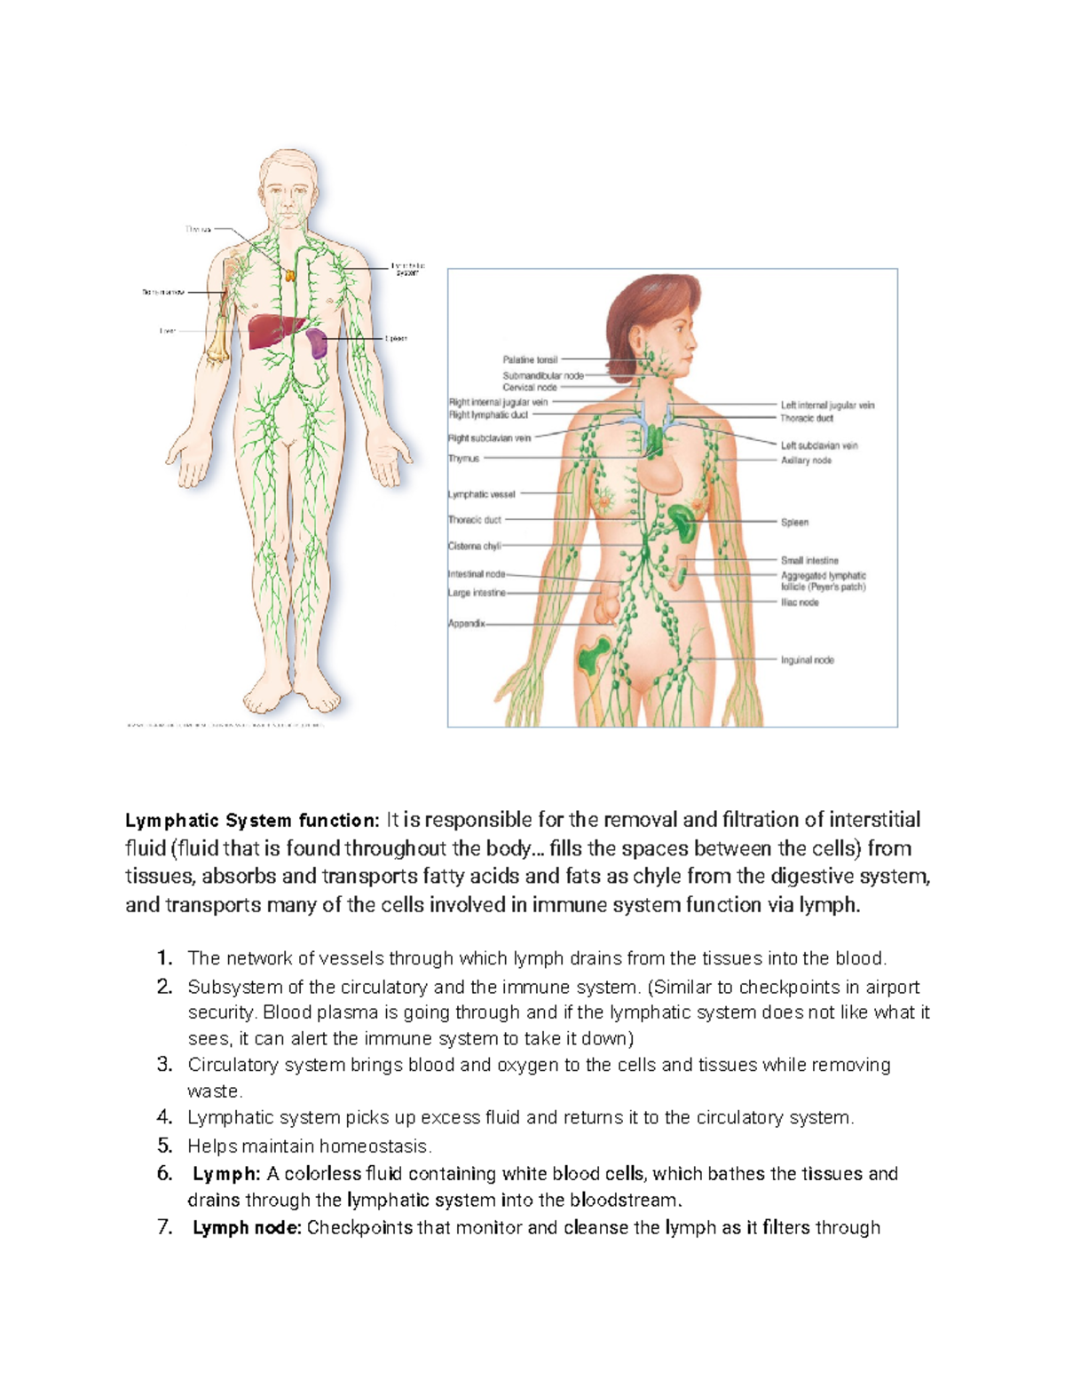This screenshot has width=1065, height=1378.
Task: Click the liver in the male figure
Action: coord(271,333)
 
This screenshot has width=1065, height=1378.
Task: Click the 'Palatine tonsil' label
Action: coord(530,360)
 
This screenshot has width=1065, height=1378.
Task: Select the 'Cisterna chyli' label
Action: coord(475,547)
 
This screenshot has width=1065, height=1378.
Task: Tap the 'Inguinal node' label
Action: coord(807,660)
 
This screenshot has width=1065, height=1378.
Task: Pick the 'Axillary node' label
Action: coord(806,461)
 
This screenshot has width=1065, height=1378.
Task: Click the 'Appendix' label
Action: coord(467,624)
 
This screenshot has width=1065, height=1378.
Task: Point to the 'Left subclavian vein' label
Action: coord(818,445)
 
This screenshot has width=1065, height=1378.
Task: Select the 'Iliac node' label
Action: coord(800,602)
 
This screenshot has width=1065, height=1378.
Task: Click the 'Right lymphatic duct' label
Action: coord(488,414)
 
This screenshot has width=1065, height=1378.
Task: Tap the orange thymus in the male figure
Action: coord(290,274)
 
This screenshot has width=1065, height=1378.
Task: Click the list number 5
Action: coord(164,1146)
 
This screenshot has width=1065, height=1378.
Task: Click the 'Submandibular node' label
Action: coord(543,375)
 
